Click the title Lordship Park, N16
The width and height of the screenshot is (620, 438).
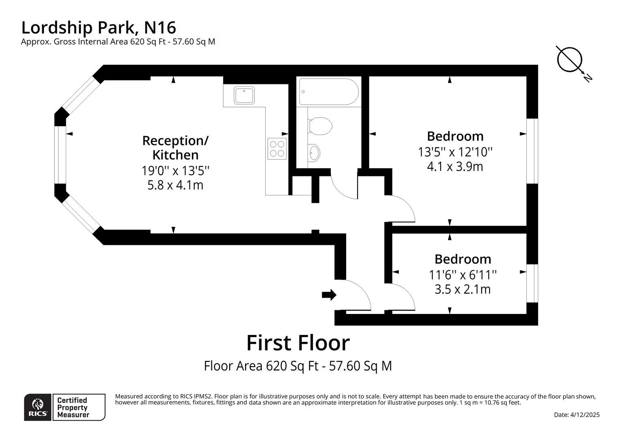pyautogui.click(x=99, y=28)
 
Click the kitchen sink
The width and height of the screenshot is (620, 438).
pyautogui.click(x=244, y=95)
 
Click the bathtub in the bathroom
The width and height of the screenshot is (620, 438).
pyautogui.click(x=329, y=92)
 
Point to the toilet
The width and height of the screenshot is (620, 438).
pyautogui.click(x=320, y=126)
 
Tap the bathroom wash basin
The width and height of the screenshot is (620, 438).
pyautogui.click(x=314, y=153)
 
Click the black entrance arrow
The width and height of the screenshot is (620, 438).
pyautogui.click(x=329, y=295)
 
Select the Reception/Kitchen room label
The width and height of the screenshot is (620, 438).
pyautogui.click(x=175, y=148)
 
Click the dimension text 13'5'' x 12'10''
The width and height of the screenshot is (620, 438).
pyautogui.click(x=455, y=152)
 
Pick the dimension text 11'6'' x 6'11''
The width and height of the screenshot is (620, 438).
pyautogui.click(x=463, y=275)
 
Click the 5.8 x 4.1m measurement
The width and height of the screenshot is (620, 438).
pyautogui.click(x=175, y=185)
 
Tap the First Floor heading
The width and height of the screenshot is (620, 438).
pyautogui.click(x=298, y=343)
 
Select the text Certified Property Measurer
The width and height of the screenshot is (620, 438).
pyautogui.click(x=72, y=407)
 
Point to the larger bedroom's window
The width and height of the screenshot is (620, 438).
pyautogui.click(x=532, y=151)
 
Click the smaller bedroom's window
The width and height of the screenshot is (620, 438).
pyautogui.click(x=532, y=283)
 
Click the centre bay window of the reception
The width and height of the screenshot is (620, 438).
pyautogui.click(x=60, y=155)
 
